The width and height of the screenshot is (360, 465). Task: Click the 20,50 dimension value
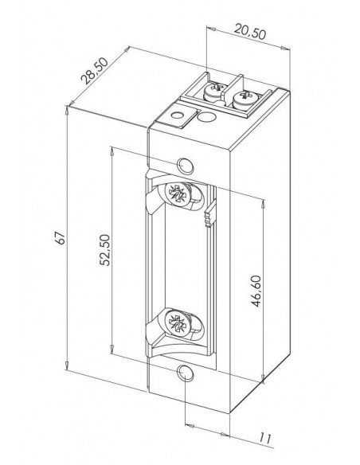tap(249, 32)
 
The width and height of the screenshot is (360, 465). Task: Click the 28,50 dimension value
tap(95, 71)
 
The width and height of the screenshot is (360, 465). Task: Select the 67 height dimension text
tap(60, 237)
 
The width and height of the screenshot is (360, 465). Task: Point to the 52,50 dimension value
tap(104, 250)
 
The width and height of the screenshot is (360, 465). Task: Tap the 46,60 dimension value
tap(256, 291)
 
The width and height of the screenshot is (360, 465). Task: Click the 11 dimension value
tap(264, 438)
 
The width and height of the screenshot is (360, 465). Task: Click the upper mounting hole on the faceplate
tap(186, 165)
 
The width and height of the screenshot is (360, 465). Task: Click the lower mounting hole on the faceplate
tap(186, 373)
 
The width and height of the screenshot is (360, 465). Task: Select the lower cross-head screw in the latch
tap(178, 322)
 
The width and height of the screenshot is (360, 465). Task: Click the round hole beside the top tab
tap(206, 115)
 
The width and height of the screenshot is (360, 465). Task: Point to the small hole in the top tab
tap(178, 115)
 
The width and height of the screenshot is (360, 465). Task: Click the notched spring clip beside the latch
tap(209, 213)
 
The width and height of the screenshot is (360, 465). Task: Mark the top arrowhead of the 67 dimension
tap(68, 111)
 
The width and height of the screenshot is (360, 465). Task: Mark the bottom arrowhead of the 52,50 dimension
tap(112, 348)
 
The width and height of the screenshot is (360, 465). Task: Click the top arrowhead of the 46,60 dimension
tap(263, 204)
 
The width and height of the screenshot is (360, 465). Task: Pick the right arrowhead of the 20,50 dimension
tap(285, 48)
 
